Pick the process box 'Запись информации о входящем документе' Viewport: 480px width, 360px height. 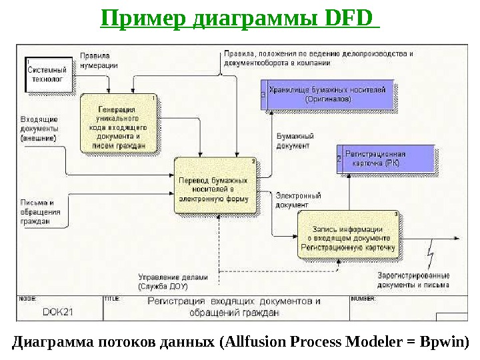pyautogui.click(x=349, y=235)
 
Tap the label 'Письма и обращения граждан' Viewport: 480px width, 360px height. pyautogui.click(x=41, y=212)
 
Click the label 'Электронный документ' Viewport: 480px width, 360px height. pyautogui.click(x=297, y=201)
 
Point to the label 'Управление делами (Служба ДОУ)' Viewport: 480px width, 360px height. pyautogui.click(x=173, y=281)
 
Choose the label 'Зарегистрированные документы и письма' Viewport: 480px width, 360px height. pyautogui.click(x=413, y=279)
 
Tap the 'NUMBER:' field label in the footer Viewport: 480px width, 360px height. pyautogui.click(x=363, y=299)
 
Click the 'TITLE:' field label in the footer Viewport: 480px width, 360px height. pyautogui.click(x=111, y=299)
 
